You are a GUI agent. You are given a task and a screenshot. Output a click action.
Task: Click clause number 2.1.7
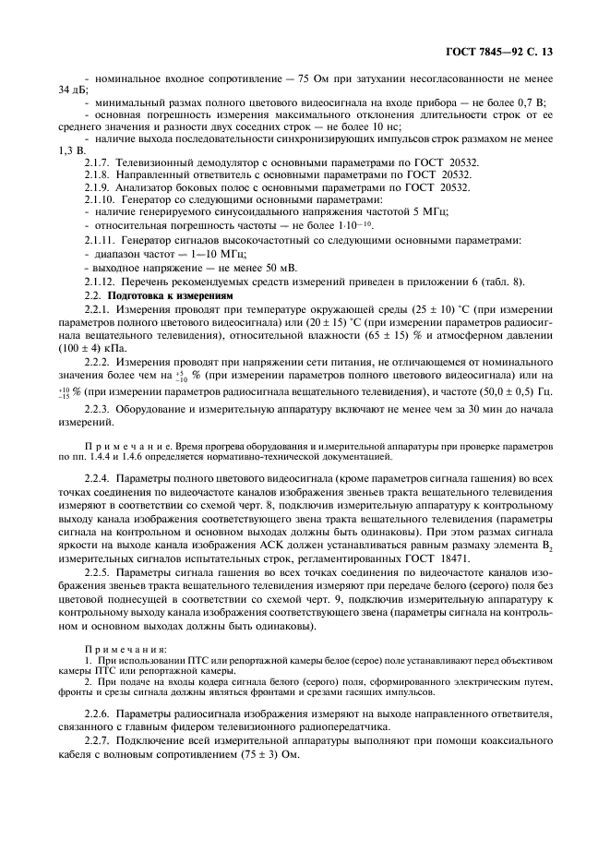[x=99, y=161]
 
